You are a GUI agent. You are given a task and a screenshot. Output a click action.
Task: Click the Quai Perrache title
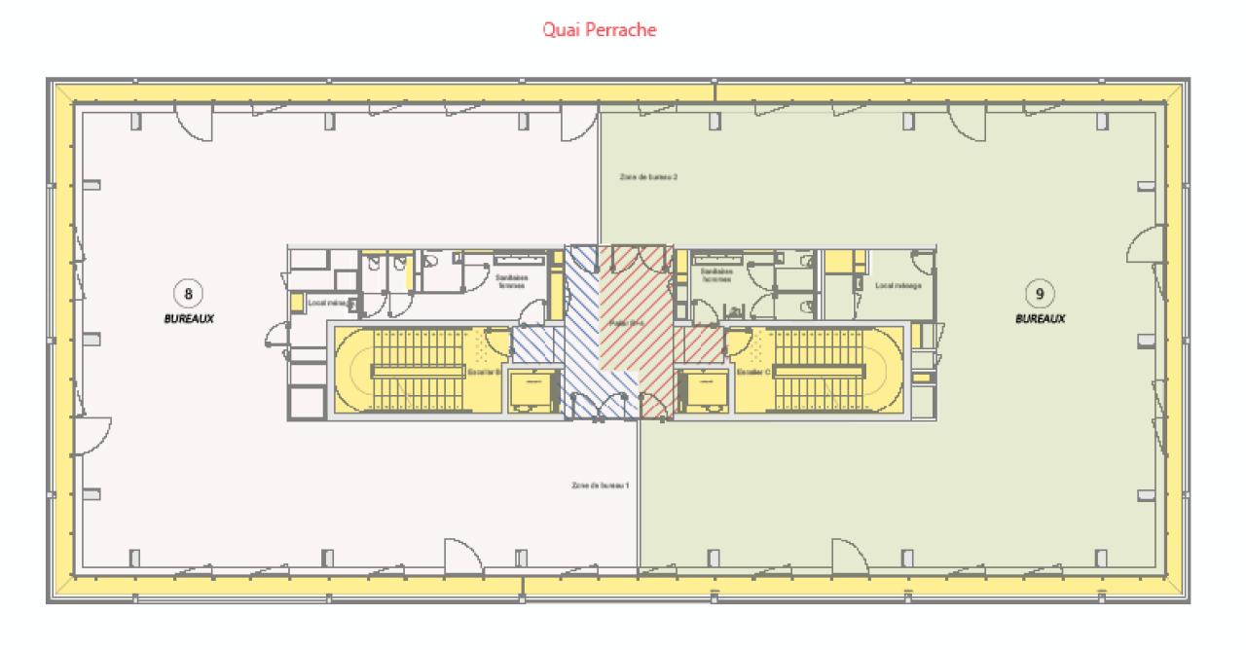click(x=600, y=30)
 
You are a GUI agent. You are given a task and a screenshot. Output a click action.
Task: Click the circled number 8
click(x=188, y=292)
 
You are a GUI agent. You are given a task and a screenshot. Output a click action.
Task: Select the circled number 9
click(x=1040, y=292)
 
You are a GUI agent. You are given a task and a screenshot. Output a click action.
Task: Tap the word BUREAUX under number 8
click(x=189, y=318)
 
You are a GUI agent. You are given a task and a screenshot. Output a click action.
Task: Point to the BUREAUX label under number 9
click(x=1040, y=318)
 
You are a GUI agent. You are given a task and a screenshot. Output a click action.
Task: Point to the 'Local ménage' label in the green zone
click(x=898, y=286)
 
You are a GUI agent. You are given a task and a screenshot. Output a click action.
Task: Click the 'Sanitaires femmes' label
click(x=511, y=280)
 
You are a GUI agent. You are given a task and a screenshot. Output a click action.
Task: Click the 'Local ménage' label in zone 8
click(x=322, y=303)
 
